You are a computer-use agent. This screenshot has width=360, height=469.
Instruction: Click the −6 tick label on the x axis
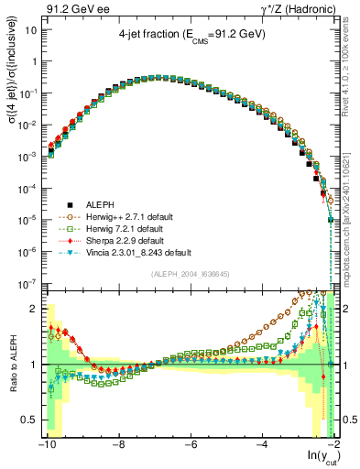pyautogui.click(x=190, y=446)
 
